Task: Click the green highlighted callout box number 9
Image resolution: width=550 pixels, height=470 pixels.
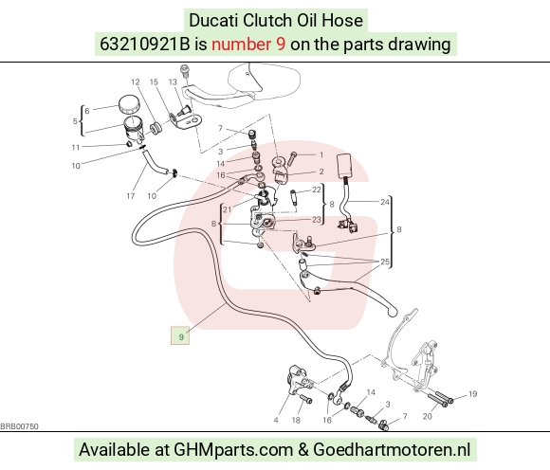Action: pyautogui.click(x=180, y=335)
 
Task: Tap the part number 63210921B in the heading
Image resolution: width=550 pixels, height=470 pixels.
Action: pyautogui.click(x=144, y=45)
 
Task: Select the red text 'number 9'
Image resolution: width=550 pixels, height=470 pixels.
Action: pyautogui.click(x=248, y=45)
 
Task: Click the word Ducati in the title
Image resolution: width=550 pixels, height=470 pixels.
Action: pyautogui.click(x=213, y=20)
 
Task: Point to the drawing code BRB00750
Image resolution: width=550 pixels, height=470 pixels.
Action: pyautogui.click(x=19, y=426)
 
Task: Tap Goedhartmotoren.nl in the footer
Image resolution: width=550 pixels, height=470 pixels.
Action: pyautogui.click(x=392, y=450)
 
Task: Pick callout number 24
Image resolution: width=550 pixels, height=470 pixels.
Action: pyautogui.click(x=385, y=202)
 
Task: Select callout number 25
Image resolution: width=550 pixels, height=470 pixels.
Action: pyautogui.click(x=385, y=262)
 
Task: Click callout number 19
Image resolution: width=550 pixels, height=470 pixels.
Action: pyautogui.click(x=472, y=394)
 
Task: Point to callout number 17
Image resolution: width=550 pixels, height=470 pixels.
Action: pyautogui.click(x=131, y=196)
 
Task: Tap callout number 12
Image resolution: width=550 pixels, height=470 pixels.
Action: pyautogui.click(x=136, y=82)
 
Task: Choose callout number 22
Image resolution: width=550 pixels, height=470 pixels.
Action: pyautogui.click(x=317, y=190)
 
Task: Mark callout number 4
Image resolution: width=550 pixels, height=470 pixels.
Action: pyautogui.click(x=276, y=420)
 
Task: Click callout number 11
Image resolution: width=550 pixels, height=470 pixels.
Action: pyautogui.click(x=76, y=148)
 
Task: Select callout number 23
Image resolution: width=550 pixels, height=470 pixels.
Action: pyautogui.click(x=317, y=220)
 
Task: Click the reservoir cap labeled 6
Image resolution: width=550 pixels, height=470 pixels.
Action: pyautogui.click(x=129, y=104)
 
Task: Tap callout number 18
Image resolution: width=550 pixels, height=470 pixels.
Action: pyautogui.click(x=296, y=420)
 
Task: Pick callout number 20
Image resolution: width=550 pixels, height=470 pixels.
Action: pyautogui.click(x=428, y=416)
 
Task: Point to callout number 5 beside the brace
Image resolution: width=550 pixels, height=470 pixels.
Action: pyautogui.click(x=75, y=121)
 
